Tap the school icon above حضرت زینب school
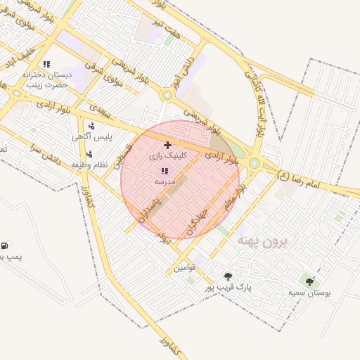(46, 64)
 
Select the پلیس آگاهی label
(88, 137)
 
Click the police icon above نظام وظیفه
(89, 154)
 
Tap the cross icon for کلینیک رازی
(166, 145)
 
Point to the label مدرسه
(165, 181)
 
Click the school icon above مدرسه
(165, 171)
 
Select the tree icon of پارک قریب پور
(228, 276)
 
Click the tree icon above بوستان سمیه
(309, 282)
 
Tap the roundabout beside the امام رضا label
(254, 163)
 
